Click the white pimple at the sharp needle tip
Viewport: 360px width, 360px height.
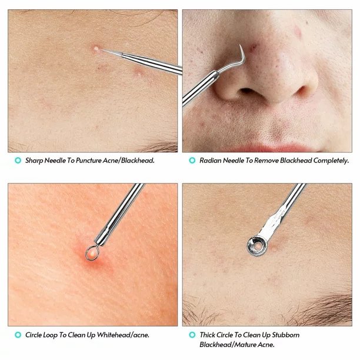pos(96,48)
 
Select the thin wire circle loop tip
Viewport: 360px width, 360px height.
pos(92,253)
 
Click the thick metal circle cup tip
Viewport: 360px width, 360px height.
pos(257,246)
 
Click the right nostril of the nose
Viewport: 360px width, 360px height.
pos(303,91)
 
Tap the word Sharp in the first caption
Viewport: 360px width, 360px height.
pos(34,161)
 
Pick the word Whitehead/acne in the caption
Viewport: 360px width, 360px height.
pos(123,335)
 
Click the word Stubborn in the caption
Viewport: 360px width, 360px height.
pos(286,335)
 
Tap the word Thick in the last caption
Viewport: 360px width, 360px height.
pos(207,335)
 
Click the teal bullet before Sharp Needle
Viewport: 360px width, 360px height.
pos(18,160)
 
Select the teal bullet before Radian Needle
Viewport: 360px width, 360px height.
pos(192,160)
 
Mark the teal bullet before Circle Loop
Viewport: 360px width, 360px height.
pos(18,335)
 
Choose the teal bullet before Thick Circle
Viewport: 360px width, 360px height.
pos(192,335)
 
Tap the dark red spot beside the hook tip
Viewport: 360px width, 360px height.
pos(253,48)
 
